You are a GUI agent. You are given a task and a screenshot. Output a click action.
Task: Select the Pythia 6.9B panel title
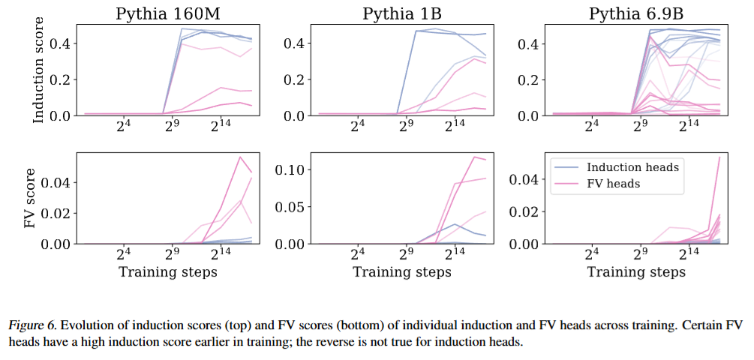[x=635, y=13]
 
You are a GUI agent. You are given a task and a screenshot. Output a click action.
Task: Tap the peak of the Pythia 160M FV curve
[x=239, y=157]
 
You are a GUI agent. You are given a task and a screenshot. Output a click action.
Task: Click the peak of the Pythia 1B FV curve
[x=475, y=157]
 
